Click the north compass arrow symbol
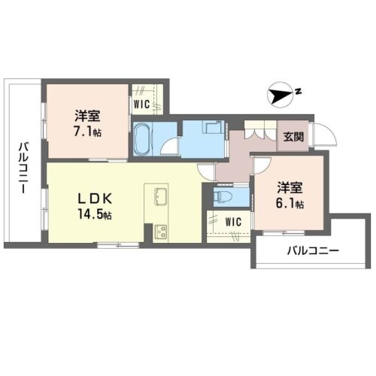[280, 96]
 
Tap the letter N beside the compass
[298, 92]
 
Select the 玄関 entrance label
[293, 137]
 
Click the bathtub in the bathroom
[141, 140]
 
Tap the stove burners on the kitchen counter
[161, 232]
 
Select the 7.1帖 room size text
[87, 132]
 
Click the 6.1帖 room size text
[290, 204]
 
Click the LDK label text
[95, 199]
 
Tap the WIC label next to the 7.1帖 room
[142, 104]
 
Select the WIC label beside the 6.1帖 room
[233, 222]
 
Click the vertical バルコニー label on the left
[24, 168]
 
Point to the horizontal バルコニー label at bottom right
[313, 250]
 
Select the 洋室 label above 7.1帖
[87, 116]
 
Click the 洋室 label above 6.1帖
[290, 188]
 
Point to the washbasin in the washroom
[214, 126]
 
